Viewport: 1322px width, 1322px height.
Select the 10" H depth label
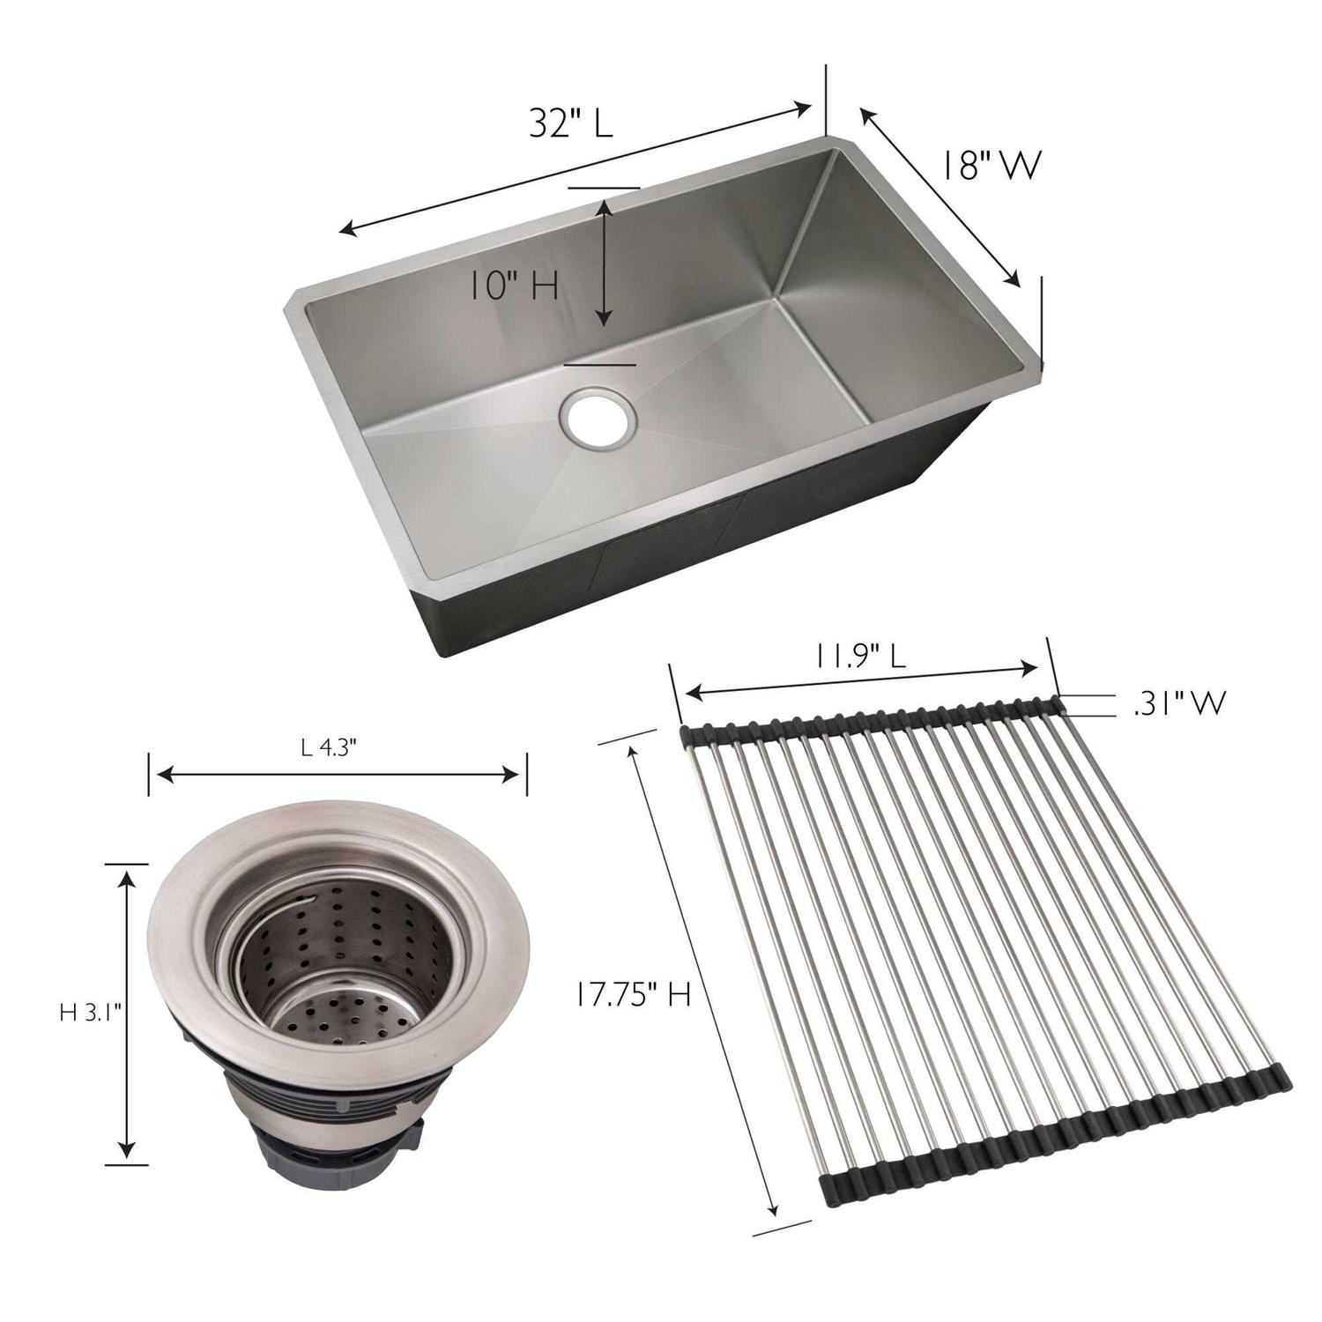tap(513, 286)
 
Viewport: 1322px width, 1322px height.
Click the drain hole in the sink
tap(597, 418)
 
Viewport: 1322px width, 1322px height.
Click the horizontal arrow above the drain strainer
tap(338, 775)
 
